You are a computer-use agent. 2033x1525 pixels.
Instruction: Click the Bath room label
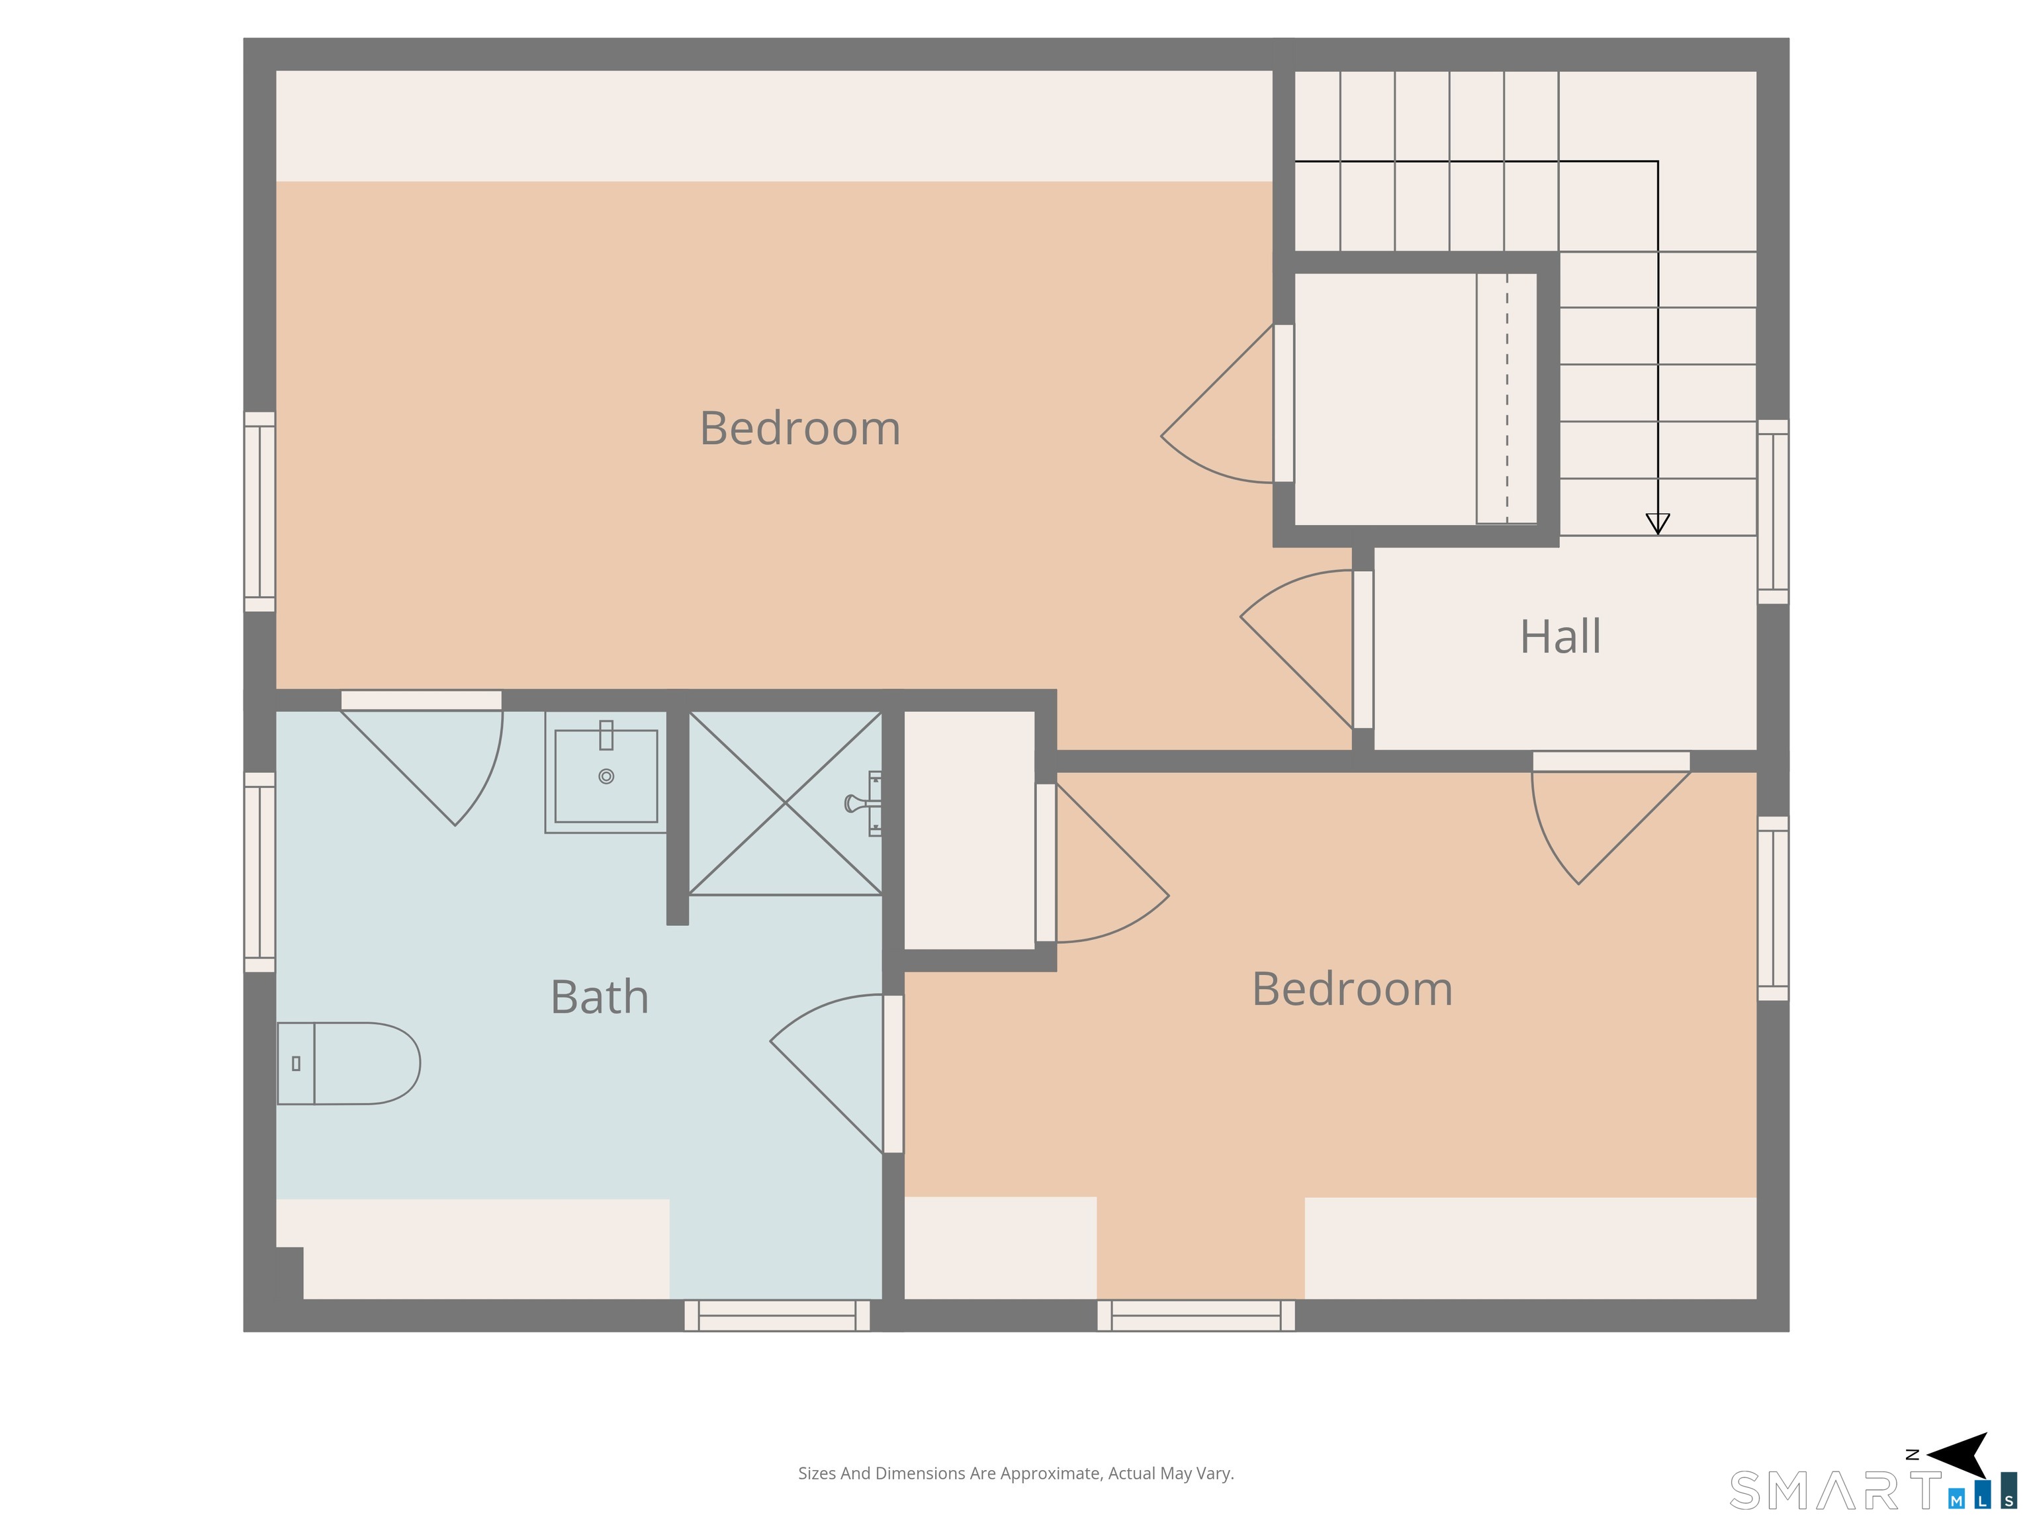pyautogui.click(x=599, y=997)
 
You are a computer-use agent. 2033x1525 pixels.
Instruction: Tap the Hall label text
pyautogui.click(x=1560, y=636)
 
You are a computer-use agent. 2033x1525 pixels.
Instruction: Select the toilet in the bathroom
pyautogui.click(x=348, y=1064)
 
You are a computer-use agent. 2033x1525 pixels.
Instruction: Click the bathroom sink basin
pyautogui.click(x=606, y=776)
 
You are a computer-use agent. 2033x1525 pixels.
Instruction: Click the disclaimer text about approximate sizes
pyautogui.click(x=1016, y=1473)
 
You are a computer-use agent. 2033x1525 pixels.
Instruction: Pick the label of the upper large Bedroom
pyautogui.click(x=799, y=428)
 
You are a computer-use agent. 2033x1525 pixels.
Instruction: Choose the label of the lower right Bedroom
pyautogui.click(x=1352, y=989)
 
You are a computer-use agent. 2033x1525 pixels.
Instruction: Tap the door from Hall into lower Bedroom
pyautogui.click(x=1610, y=817)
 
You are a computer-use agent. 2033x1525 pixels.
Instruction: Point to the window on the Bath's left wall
pyautogui.click(x=259, y=872)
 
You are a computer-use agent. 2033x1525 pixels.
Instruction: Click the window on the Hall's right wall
pyautogui.click(x=1773, y=512)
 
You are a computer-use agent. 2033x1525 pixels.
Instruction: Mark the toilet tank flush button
pyautogui.click(x=296, y=1064)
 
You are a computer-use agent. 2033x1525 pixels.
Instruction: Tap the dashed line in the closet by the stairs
pyautogui.click(x=1508, y=399)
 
